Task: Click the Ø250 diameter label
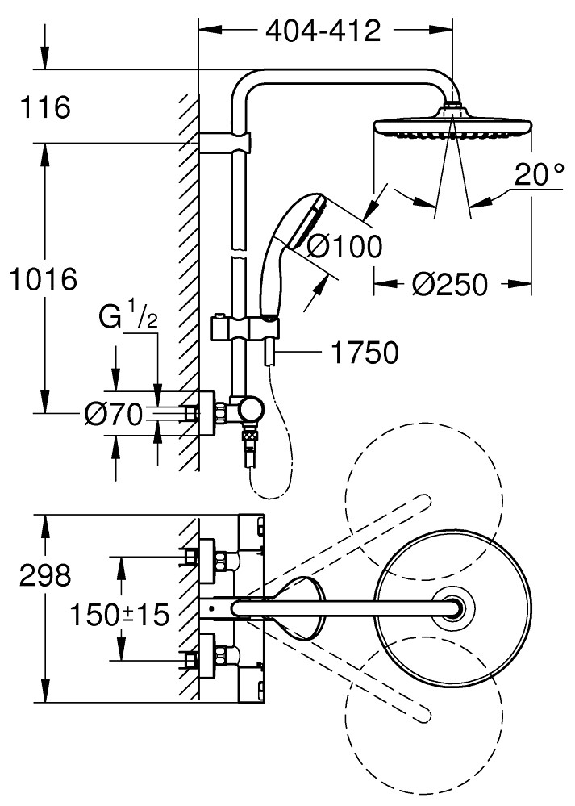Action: point(448,284)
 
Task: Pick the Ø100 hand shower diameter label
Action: point(342,245)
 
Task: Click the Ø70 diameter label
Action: point(114,415)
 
